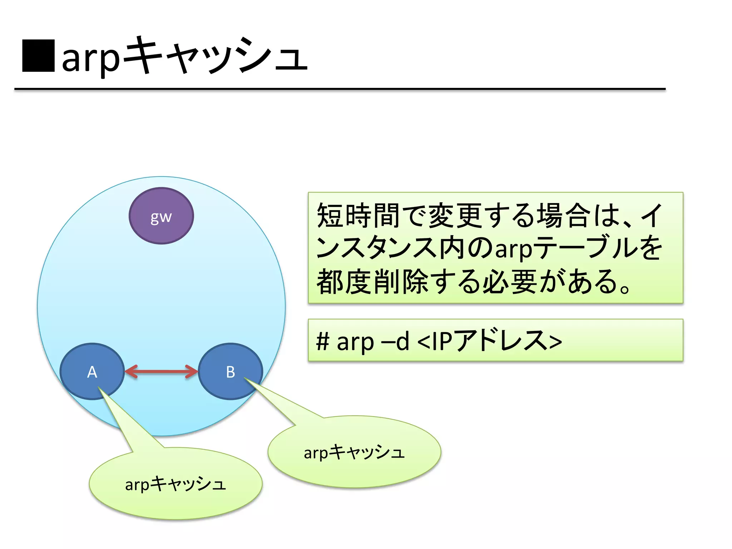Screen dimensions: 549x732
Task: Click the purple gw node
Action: [161, 216]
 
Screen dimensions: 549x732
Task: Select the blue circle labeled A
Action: [92, 372]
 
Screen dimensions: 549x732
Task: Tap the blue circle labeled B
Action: [231, 372]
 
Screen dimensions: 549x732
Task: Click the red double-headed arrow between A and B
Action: [161, 372]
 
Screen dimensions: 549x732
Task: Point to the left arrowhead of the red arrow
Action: [131, 372]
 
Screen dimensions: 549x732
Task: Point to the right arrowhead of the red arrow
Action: [192, 372]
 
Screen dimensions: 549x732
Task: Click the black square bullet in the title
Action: [38, 56]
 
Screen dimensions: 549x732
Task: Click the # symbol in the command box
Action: [322, 341]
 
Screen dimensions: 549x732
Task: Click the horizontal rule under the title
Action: [340, 89]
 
